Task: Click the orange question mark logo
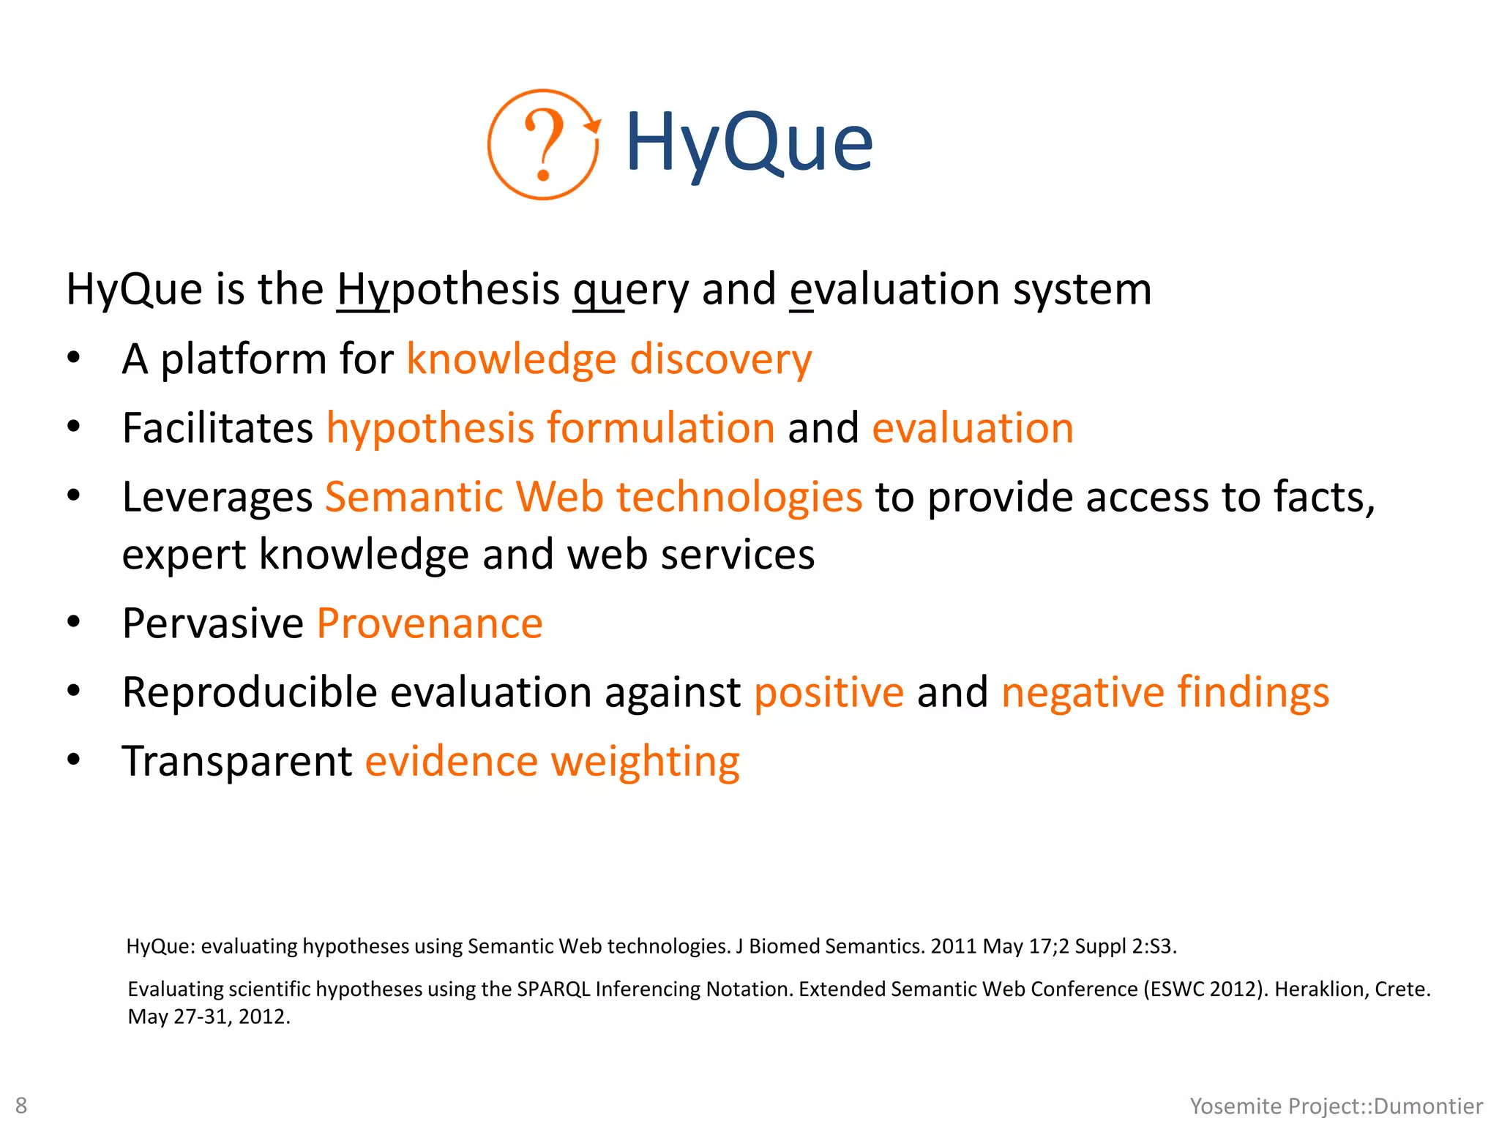click(x=543, y=144)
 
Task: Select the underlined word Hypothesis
click(x=448, y=289)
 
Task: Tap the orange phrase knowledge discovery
click(x=609, y=359)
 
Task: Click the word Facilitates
click(x=217, y=428)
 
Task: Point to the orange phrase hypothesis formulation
click(x=550, y=428)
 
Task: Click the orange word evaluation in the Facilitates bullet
click(x=972, y=428)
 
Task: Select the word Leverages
click(x=217, y=498)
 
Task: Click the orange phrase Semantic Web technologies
click(x=594, y=498)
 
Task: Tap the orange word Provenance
click(x=430, y=624)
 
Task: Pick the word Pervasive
click(x=212, y=624)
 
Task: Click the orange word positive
click(x=829, y=693)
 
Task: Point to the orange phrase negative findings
click(x=1165, y=693)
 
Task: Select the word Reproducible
click(x=250, y=693)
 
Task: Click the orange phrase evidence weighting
click(x=553, y=762)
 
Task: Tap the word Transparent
click(x=237, y=762)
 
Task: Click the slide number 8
click(x=21, y=1105)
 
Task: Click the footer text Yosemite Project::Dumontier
click(x=1336, y=1106)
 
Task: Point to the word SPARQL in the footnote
click(x=553, y=989)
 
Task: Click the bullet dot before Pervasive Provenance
click(x=73, y=623)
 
